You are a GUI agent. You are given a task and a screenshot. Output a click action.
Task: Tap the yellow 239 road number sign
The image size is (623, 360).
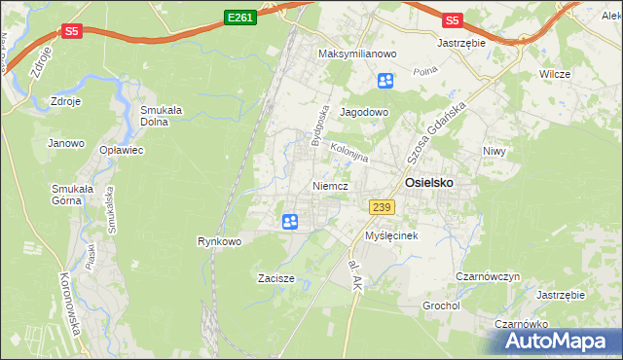pyautogui.click(x=381, y=206)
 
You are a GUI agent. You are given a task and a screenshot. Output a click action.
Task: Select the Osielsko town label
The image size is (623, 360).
pyautogui.click(x=428, y=181)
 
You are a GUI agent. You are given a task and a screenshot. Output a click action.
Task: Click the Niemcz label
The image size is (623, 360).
pyautogui.click(x=331, y=184)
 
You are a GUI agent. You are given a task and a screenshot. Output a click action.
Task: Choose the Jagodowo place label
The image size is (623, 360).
pyautogui.click(x=364, y=112)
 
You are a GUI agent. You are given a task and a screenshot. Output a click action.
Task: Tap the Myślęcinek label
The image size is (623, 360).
pyautogui.click(x=391, y=235)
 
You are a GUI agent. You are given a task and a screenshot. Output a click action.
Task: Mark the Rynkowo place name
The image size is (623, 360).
pyautogui.click(x=219, y=241)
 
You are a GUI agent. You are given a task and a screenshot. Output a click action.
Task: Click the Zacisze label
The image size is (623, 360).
pyautogui.click(x=276, y=278)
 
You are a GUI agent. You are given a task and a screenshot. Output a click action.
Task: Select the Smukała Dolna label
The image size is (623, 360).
pyautogui.click(x=163, y=116)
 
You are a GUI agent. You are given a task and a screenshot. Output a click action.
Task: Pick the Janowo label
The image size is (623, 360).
pyautogui.click(x=65, y=143)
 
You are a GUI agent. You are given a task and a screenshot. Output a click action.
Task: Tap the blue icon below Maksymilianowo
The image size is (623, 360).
pyautogui.click(x=385, y=81)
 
